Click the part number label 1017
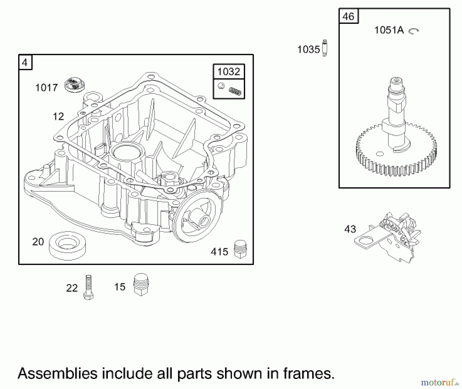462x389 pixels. click(x=46, y=88)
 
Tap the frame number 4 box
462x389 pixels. click(x=25, y=62)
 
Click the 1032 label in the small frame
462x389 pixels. click(x=228, y=72)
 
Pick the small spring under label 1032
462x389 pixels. click(x=235, y=91)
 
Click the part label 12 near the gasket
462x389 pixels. click(x=58, y=117)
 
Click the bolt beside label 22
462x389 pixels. click(x=88, y=287)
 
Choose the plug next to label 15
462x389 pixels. click(x=141, y=284)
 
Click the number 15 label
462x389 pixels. click(x=120, y=287)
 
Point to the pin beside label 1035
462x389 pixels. click(x=325, y=48)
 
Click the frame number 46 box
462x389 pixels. click(x=348, y=17)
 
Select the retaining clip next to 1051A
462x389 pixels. click(x=413, y=31)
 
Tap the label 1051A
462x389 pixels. click(x=389, y=30)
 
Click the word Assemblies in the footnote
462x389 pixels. click(x=57, y=373)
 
